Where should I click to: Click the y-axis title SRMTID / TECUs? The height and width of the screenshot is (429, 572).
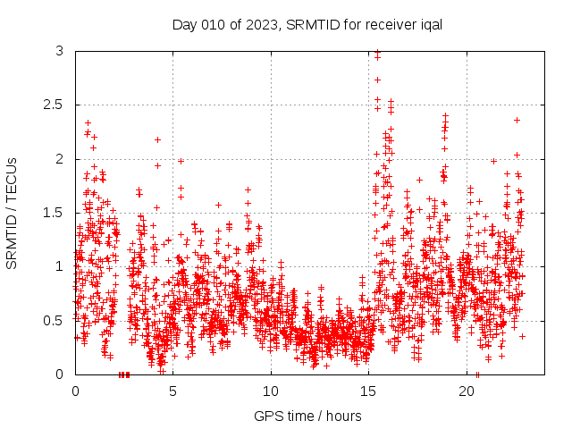click(12, 213)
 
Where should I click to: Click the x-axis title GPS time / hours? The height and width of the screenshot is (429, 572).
click(307, 416)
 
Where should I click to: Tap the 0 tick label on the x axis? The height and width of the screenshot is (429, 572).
click(75, 391)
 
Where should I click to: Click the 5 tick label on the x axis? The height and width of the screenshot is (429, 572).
click(173, 391)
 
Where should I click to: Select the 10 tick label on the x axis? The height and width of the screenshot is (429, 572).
click(271, 391)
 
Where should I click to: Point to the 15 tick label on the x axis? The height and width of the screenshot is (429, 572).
click(369, 391)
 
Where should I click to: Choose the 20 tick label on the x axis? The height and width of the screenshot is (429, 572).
click(467, 391)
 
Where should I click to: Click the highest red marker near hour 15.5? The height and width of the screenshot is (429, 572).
click(377, 52)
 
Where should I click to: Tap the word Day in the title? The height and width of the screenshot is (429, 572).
click(184, 23)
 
